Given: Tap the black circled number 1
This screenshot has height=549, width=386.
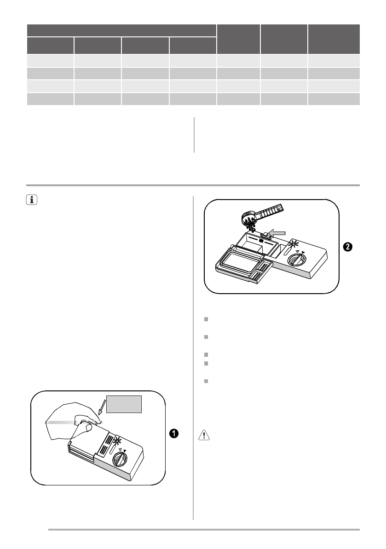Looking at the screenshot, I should tap(174, 433).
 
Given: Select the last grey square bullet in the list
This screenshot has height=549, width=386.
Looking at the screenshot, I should tap(206, 382).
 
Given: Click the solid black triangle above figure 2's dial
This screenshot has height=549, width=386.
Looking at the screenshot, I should tap(303, 252).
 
